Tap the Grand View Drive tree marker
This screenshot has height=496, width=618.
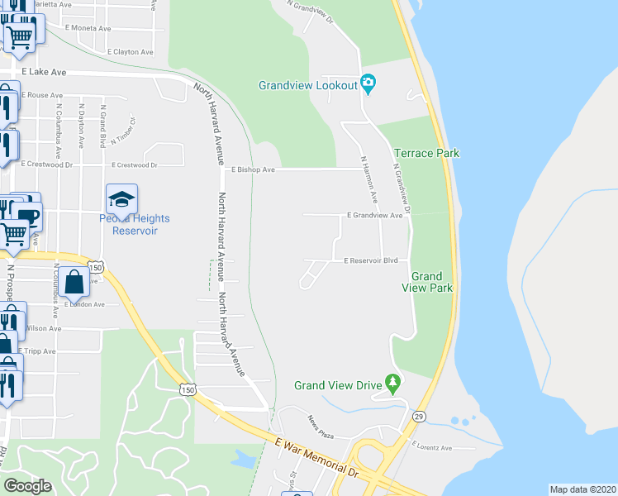coord(394,384)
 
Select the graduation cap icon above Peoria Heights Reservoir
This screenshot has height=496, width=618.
coord(121,199)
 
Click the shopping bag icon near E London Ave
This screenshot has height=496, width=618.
coord(74,282)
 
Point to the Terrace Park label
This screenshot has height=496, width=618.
coord(426,153)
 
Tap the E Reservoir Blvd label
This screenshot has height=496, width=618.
coord(371,260)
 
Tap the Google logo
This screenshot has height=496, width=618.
coord(27,486)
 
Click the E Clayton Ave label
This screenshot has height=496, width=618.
coord(131,51)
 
